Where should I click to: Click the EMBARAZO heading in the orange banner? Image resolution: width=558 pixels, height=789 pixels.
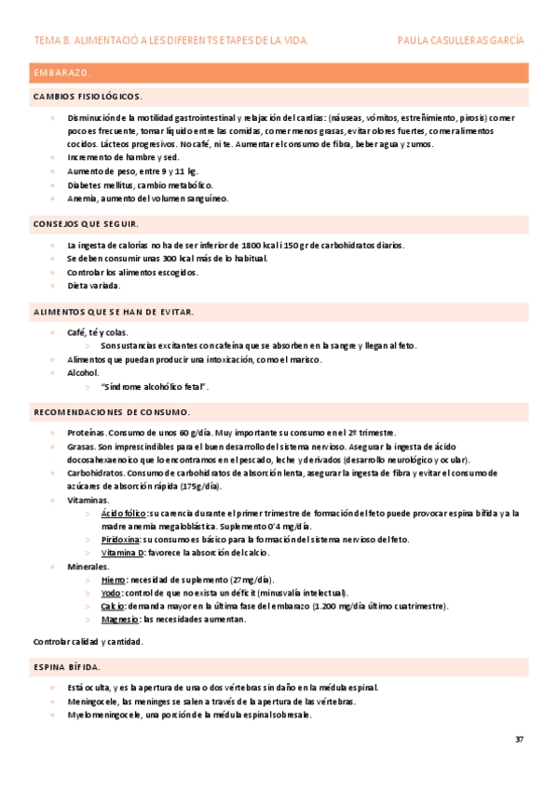click(x=62, y=73)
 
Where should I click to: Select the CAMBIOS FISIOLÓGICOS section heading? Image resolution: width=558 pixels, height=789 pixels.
click(x=88, y=97)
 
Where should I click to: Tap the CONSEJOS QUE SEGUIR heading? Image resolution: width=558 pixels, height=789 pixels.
click(x=86, y=224)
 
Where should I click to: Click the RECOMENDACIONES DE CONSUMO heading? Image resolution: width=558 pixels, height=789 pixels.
click(x=112, y=411)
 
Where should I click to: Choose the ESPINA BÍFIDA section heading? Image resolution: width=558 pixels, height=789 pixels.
click(x=67, y=667)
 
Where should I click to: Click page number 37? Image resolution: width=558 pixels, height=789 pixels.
click(x=519, y=740)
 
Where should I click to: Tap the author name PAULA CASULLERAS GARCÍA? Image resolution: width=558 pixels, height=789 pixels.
click(x=460, y=41)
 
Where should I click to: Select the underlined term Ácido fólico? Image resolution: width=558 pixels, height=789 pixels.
click(x=124, y=513)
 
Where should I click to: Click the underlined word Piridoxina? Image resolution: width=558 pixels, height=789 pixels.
click(x=121, y=540)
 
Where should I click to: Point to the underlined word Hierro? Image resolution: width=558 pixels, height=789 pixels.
click(x=114, y=580)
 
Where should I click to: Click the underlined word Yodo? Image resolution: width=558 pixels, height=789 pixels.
click(x=111, y=593)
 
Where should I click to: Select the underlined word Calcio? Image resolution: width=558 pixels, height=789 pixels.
click(x=114, y=607)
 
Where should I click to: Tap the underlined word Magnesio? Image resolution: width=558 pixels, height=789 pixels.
click(x=119, y=620)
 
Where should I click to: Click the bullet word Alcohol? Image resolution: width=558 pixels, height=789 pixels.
click(x=83, y=372)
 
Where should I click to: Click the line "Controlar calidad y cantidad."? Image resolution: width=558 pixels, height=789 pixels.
click(x=88, y=642)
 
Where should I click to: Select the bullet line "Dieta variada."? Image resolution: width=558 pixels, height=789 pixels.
click(x=94, y=286)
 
